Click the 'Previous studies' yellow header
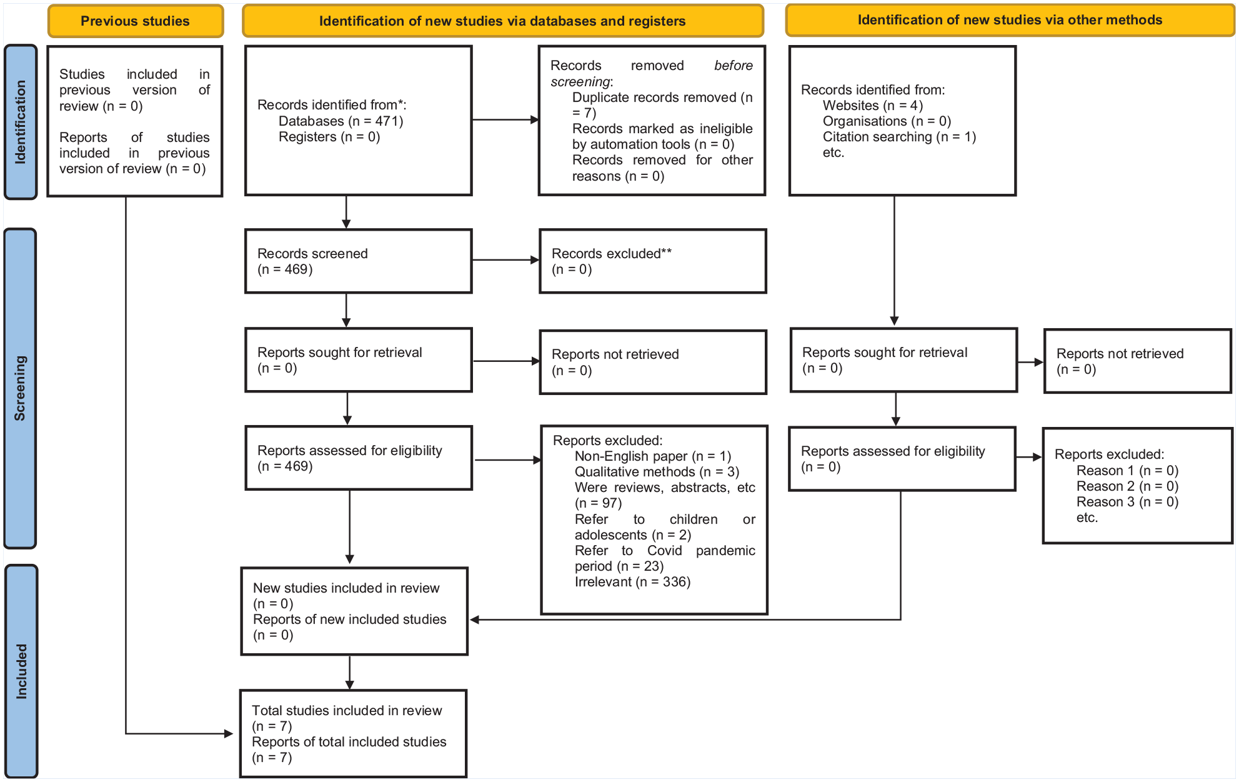pyautogui.click(x=136, y=21)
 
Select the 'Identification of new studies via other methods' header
pyautogui.click(x=1010, y=20)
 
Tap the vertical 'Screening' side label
pyautogui.click(x=21, y=388)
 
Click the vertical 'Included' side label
pyautogui.click(x=21, y=671)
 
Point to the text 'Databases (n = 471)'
pyautogui.click(x=341, y=121)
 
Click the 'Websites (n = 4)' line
pyautogui.click(x=873, y=106)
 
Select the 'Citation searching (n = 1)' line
pyautogui.click(x=899, y=137)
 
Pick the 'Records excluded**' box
pyautogui.click(x=653, y=261)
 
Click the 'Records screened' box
pyautogui.click(x=359, y=261)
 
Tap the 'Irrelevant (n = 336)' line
pyautogui.click(x=632, y=582)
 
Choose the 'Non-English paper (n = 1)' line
pyautogui.click(x=653, y=456)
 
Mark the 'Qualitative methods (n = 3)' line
pyautogui.click(x=657, y=472)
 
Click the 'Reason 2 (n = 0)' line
pyautogui.click(x=1127, y=486)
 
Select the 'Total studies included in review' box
pyautogui.click(x=354, y=734)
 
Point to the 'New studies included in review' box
pyautogui.click(x=354, y=611)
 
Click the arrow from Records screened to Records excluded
pyautogui.click(x=506, y=260)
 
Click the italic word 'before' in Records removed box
pyautogui.click(x=734, y=66)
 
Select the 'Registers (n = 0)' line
pyautogui.click(x=329, y=137)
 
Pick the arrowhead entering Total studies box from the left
pyautogui.click(x=229, y=734)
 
